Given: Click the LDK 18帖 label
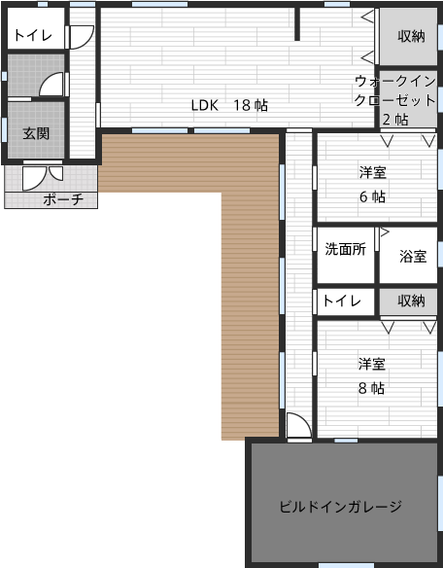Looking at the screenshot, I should pos(229,105).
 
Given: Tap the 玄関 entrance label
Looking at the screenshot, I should pos(37,132).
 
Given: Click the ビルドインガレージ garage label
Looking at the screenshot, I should pos(340,506).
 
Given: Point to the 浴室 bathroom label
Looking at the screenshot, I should pos(413,257).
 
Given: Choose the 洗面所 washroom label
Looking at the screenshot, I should pos(345,249).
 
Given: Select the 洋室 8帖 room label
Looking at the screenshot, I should pos(372,375).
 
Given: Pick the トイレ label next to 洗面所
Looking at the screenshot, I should pos(342,301).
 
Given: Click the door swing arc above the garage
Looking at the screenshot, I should pos(298,426).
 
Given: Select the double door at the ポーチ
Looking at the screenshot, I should pos(42,178).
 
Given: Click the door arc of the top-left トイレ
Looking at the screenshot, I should pos(80,35).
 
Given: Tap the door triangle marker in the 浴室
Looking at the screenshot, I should pos(384,233).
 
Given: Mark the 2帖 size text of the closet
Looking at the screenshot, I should pos(394,119).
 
